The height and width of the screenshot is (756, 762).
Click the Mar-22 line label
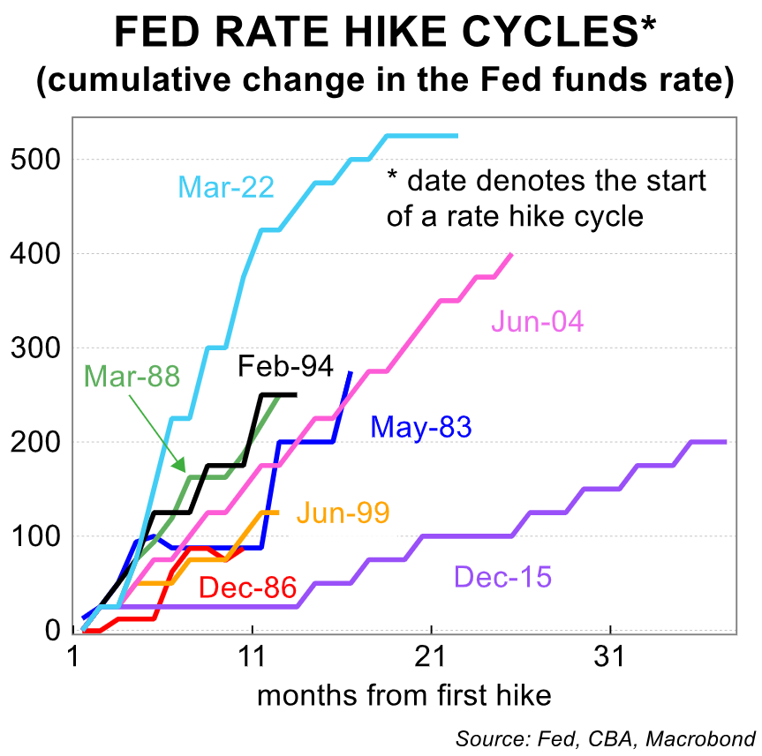coord(226,187)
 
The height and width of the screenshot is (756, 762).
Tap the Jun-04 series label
coord(537,322)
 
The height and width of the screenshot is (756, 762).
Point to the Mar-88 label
coord(132,376)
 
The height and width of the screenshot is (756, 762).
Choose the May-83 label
coord(421,428)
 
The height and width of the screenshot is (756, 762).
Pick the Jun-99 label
coord(343,513)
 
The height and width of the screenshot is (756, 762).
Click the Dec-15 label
coord(502,578)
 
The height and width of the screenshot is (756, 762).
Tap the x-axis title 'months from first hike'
coord(404,696)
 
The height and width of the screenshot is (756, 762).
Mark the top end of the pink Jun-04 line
coord(512,254)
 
